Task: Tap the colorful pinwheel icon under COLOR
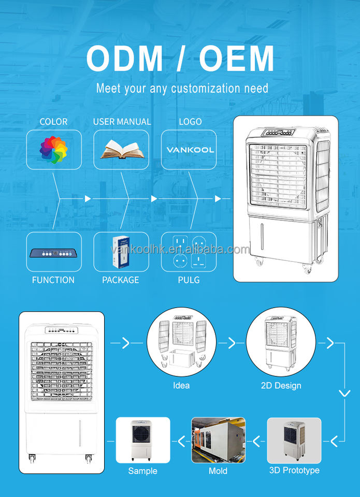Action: pyautogui.click(x=54, y=150)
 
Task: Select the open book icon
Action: pyautogui.click(x=121, y=150)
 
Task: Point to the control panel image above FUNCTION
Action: pyautogui.click(x=54, y=253)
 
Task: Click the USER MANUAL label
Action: pyautogui.click(x=122, y=122)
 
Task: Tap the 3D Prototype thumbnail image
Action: pyautogui.click(x=294, y=440)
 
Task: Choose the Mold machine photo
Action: pyautogui.click(x=219, y=440)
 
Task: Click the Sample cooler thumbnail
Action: pyautogui.click(x=142, y=440)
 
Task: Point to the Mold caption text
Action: pyautogui.click(x=218, y=471)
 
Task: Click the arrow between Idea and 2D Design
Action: pyautogui.click(x=231, y=343)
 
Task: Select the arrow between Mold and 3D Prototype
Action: pyautogui.click(x=256, y=441)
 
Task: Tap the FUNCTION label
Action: pyautogui.click(x=53, y=280)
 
